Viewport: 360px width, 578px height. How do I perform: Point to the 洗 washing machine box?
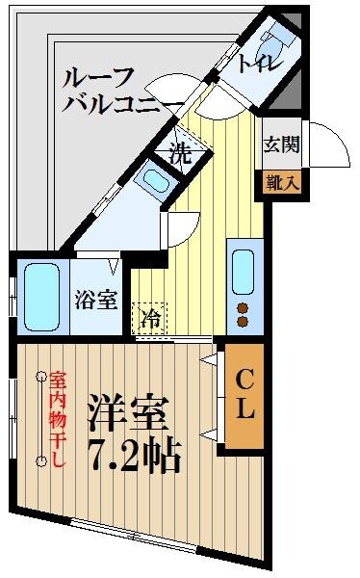(x=179, y=151)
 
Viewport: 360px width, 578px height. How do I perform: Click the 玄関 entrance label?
(x=281, y=146)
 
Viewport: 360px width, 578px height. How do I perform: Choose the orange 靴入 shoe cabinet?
(x=281, y=180)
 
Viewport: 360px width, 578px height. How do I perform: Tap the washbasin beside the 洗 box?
(x=155, y=178)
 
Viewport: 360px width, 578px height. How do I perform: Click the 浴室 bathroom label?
(x=96, y=299)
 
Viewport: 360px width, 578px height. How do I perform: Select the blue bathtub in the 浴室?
(x=40, y=295)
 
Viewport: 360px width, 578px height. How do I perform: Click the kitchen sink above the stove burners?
(x=242, y=270)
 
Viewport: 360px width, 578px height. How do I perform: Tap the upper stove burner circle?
(x=242, y=308)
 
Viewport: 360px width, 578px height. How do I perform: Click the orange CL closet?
(x=244, y=395)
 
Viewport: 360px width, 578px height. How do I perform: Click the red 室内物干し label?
(x=58, y=420)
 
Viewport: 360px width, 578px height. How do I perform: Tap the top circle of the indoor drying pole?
(x=40, y=375)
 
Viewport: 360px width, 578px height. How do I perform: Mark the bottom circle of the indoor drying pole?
(x=40, y=461)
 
